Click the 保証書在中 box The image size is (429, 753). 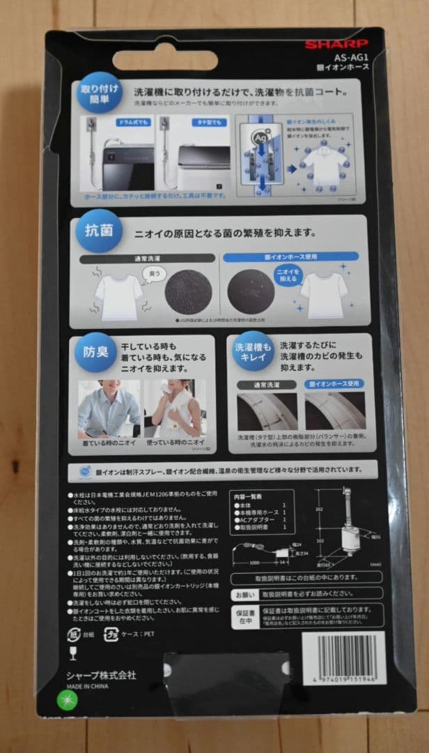coord(242,614)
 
